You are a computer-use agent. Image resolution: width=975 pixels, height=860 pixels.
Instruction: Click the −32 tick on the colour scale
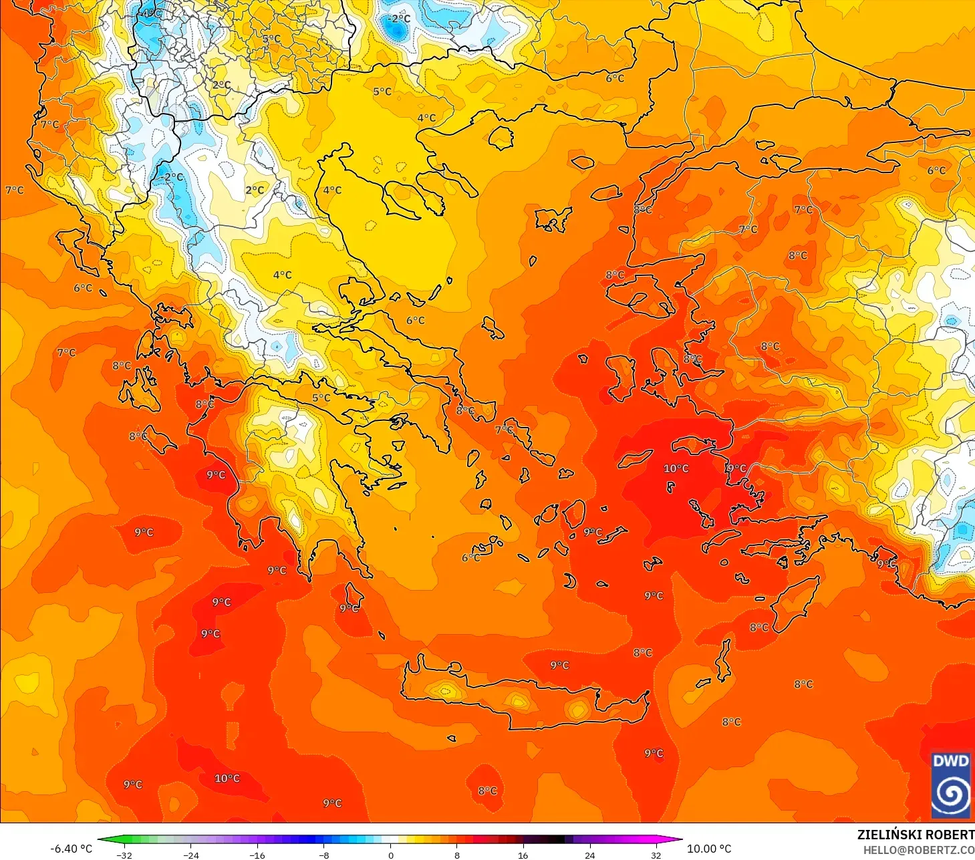[x=124, y=855]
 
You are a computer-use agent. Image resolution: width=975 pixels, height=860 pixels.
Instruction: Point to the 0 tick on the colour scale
[x=391, y=855]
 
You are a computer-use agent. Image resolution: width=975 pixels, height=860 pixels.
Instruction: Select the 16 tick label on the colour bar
[x=523, y=855]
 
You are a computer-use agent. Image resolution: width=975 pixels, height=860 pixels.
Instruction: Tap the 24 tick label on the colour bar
[x=589, y=855]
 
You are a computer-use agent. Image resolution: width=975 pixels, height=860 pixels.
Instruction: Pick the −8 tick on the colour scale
[x=324, y=855]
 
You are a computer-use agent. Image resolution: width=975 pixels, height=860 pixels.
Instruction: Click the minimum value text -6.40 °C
[x=71, y=849]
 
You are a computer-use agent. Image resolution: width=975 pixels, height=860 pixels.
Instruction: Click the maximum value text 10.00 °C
[x=709, y=849]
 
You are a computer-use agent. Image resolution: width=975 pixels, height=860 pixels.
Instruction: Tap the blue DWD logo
[x=950, y=784]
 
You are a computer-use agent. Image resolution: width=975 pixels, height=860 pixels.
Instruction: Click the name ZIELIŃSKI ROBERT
[x=916, y=835]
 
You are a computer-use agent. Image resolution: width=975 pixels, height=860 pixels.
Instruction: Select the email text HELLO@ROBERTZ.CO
[x=918, y=850]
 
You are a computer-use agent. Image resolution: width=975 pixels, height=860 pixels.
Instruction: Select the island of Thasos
[x=501, y=138]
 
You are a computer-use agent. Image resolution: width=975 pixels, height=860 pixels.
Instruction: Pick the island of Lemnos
[x=552, y=219]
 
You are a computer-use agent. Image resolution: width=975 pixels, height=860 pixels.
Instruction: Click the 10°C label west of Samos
[x=676, y=468]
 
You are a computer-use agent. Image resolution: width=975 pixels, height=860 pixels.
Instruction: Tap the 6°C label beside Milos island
[x=470, y=557]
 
